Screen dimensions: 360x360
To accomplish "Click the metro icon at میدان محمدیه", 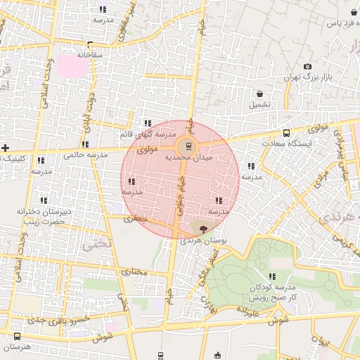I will (x=187, y=147).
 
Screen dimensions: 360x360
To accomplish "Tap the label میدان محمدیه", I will (x=188, y=159).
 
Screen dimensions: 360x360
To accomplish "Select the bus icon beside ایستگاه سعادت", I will (x=286, y=133).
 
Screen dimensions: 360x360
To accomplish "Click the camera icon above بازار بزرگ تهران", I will (x=307, y=67).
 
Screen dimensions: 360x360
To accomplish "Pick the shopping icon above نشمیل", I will (x=259, y=94).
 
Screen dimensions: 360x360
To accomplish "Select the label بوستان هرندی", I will (x=205, y=240).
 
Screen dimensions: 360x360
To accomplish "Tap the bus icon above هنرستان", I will (x=16, y=336).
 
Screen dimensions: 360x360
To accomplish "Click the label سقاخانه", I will (x=90, y=54).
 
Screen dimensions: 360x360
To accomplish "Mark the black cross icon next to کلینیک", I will (x=6, y=148).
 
